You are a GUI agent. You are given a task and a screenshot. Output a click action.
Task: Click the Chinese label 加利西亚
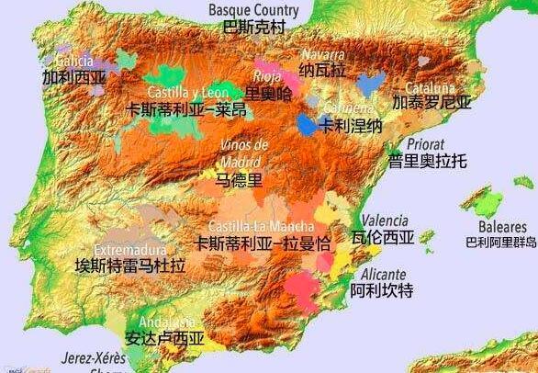(x=73, y=78)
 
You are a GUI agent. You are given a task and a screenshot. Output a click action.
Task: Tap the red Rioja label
(x=266, y=76)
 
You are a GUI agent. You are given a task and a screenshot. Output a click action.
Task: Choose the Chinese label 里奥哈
(x=269, y=93)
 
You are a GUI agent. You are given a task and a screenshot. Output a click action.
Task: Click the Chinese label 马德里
(x=239, y=180)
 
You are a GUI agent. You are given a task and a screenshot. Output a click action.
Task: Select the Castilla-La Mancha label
(x=261, y=226)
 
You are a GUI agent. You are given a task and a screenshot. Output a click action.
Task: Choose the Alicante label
(x=383, y=274)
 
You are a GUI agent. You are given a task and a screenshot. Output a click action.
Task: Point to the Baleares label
(x=502, y=226)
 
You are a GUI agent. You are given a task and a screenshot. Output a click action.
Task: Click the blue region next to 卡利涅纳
(x=307, y=126)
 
